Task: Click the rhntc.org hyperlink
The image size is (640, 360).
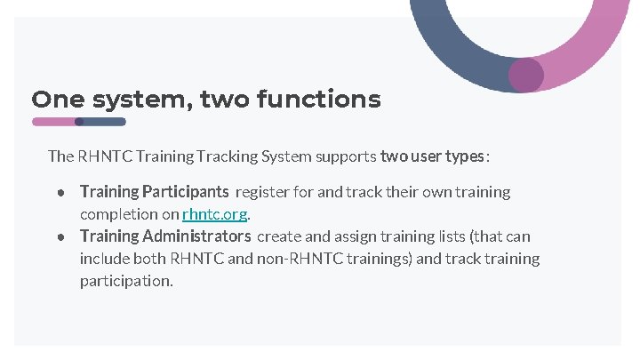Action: [214, 214]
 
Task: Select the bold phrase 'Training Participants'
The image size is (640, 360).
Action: [154, 191]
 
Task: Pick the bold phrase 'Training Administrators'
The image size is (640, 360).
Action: [165, 236]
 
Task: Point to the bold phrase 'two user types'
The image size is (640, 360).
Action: [433, 156]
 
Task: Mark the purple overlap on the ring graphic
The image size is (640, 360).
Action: [525, 75]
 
